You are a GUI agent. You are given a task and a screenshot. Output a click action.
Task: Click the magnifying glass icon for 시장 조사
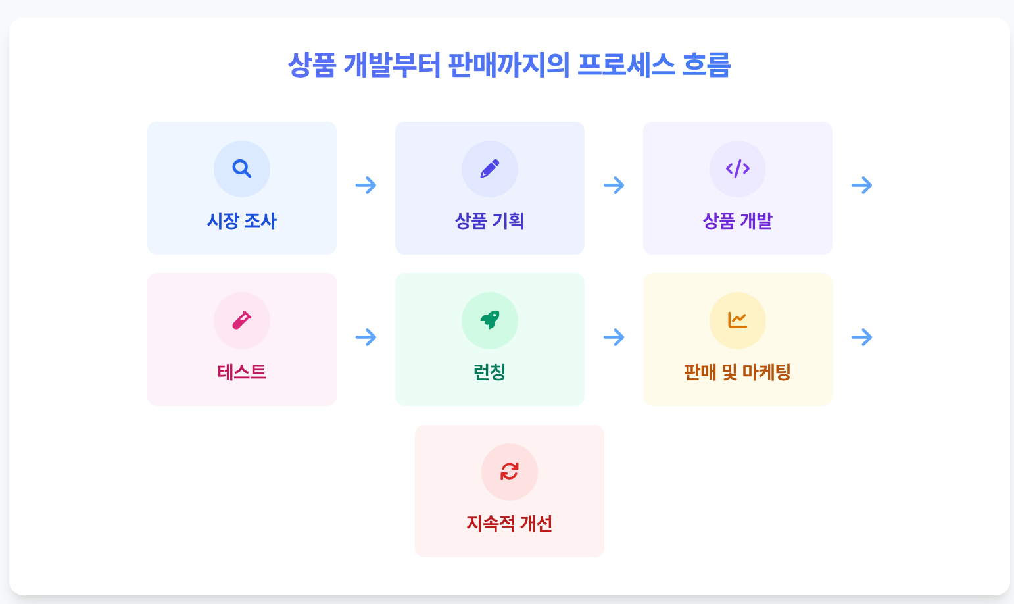click(242, 169)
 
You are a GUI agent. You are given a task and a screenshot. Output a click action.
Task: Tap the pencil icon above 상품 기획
click(490, 169)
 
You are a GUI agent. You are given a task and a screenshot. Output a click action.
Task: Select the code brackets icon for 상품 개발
click(738, 169)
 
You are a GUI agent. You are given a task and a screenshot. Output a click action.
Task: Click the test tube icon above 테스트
click(242, 320)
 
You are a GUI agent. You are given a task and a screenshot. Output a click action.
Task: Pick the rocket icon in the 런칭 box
click(490, 320)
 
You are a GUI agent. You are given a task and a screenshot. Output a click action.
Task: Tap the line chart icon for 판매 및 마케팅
click(738, 320)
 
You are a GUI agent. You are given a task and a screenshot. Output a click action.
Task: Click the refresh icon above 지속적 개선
click(510, 472)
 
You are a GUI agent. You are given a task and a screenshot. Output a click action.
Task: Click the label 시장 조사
click(242, 221)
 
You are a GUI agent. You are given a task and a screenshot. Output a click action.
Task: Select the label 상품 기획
click(490, 221)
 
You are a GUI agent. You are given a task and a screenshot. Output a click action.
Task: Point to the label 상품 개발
click(738, 221)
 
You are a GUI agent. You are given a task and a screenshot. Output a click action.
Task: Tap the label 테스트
click(242, 372)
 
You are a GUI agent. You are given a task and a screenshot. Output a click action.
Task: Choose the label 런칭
click(490, 372)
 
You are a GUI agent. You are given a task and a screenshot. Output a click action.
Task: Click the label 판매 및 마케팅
click(738, 372)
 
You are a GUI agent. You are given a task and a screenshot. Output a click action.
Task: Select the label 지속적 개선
click(510, 524)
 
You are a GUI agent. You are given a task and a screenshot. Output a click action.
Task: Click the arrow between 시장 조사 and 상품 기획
click(366, 186)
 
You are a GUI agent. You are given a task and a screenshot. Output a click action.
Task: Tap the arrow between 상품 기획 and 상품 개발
click(614, 186)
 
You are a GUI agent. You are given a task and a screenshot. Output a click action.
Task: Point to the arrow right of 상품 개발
click(862, 186)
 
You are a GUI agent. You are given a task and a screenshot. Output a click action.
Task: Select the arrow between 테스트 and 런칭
click(366, 338)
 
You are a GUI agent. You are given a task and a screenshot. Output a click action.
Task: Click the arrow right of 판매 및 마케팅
click(862, 338)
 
